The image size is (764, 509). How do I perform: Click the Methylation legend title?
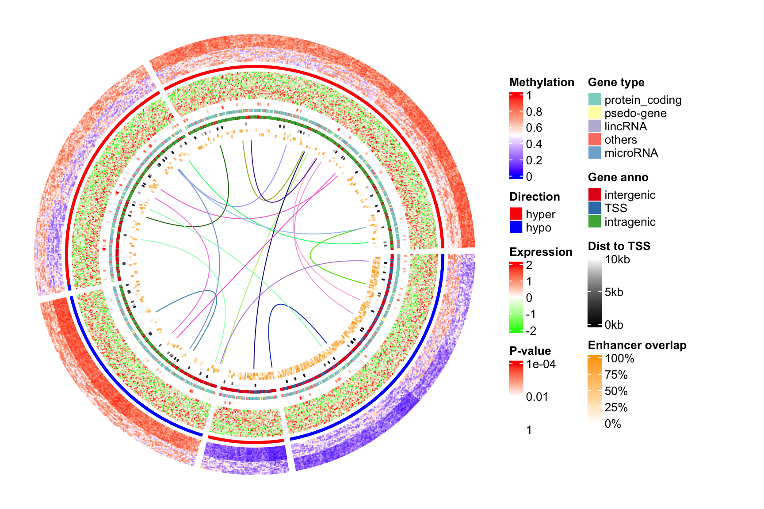tap(542, 83)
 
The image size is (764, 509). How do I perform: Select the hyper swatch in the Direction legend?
tap(516, 214)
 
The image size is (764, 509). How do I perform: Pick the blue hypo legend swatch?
tap(516, 228)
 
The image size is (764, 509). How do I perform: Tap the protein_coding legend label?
tap(643, 100)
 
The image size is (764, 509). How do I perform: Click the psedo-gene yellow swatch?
tap(595, 113)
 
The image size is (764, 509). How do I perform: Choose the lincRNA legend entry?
tap(625, 127)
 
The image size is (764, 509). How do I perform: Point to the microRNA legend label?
tap(631, 153)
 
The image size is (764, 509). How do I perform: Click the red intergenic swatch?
tap(595, 195)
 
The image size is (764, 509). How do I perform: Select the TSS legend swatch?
tap(595, 208)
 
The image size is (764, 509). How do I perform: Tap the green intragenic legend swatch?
tap(595, 222)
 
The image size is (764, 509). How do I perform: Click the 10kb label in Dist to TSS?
tap(617, 260)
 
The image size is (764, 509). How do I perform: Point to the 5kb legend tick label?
tap(614, 292)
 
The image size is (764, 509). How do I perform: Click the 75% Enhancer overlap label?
tap(616, 375)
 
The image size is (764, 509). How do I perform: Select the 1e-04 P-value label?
tap(541, 365)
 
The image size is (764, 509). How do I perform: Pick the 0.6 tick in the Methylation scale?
tap(534, 128)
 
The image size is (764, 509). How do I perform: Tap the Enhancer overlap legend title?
tap(637, 346)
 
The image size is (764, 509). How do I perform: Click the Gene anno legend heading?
tap(618, 178)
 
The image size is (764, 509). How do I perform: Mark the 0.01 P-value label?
tap(537, 397)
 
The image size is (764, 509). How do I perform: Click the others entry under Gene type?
tap(620, 140)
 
